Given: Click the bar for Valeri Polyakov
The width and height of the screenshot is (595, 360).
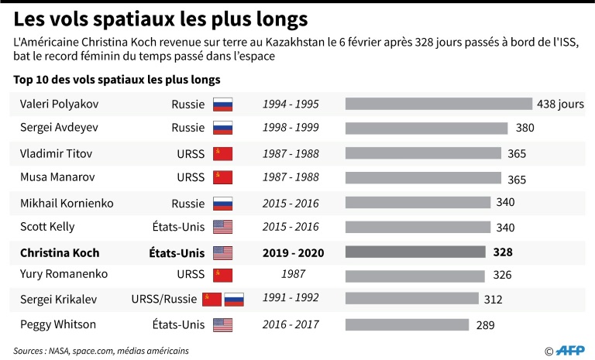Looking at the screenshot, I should (x=439, y=105).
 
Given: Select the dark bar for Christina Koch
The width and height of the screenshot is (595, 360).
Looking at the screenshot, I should (x=415, y=252).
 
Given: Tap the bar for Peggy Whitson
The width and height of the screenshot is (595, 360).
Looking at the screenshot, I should (x=407, y=324).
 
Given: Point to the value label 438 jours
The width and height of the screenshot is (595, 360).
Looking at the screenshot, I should (x=560, y=105).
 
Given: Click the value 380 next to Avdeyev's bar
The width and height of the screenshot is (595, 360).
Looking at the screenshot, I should (x=524, y=129).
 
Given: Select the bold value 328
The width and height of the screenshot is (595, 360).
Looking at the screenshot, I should (x=503, y=252).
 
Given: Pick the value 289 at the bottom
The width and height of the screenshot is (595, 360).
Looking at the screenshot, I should (x=486, y=325).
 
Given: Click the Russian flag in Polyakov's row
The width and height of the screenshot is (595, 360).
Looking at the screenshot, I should (x=223, y=105).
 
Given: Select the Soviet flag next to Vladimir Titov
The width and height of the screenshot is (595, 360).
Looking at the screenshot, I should (x=223, y=153).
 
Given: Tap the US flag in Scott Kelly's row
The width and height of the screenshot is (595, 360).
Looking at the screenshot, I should (x=223, y=227).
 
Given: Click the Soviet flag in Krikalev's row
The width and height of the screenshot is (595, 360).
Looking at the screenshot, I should (x=212, y=300).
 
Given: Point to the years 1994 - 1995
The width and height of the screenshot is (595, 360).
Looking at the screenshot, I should (x=291, y=105).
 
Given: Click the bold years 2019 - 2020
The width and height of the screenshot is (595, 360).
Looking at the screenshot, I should (x=291, y=252).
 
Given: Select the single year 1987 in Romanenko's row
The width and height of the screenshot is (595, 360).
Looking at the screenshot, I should (x=291, y=275).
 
